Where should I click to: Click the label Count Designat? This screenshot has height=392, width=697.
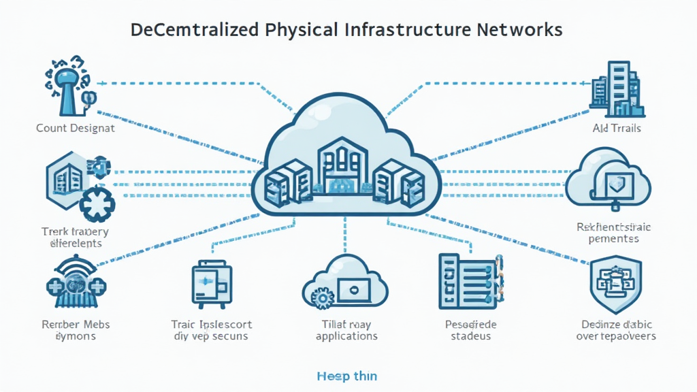pyautogui.click(x=76, y=128)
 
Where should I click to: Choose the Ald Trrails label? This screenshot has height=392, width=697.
pyautogui.click(x=617, y=128)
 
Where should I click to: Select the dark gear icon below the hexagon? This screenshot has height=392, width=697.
pyautogui.click(x=96, y=204)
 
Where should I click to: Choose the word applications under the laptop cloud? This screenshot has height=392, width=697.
pyautogui.click(x=346, y=336)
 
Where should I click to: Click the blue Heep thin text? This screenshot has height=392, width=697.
pyautogui.click(x=346, y=376)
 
